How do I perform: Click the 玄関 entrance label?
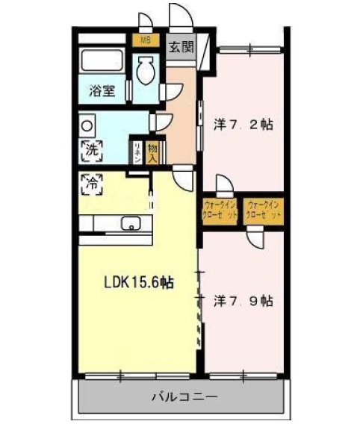(x=179, y=47)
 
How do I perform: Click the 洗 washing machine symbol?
(x=89, y=148)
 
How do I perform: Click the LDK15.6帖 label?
(x=138, y=283)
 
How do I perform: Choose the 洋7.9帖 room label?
(x=243, y=301)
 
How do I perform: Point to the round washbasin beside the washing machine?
(x=87, y=123)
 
